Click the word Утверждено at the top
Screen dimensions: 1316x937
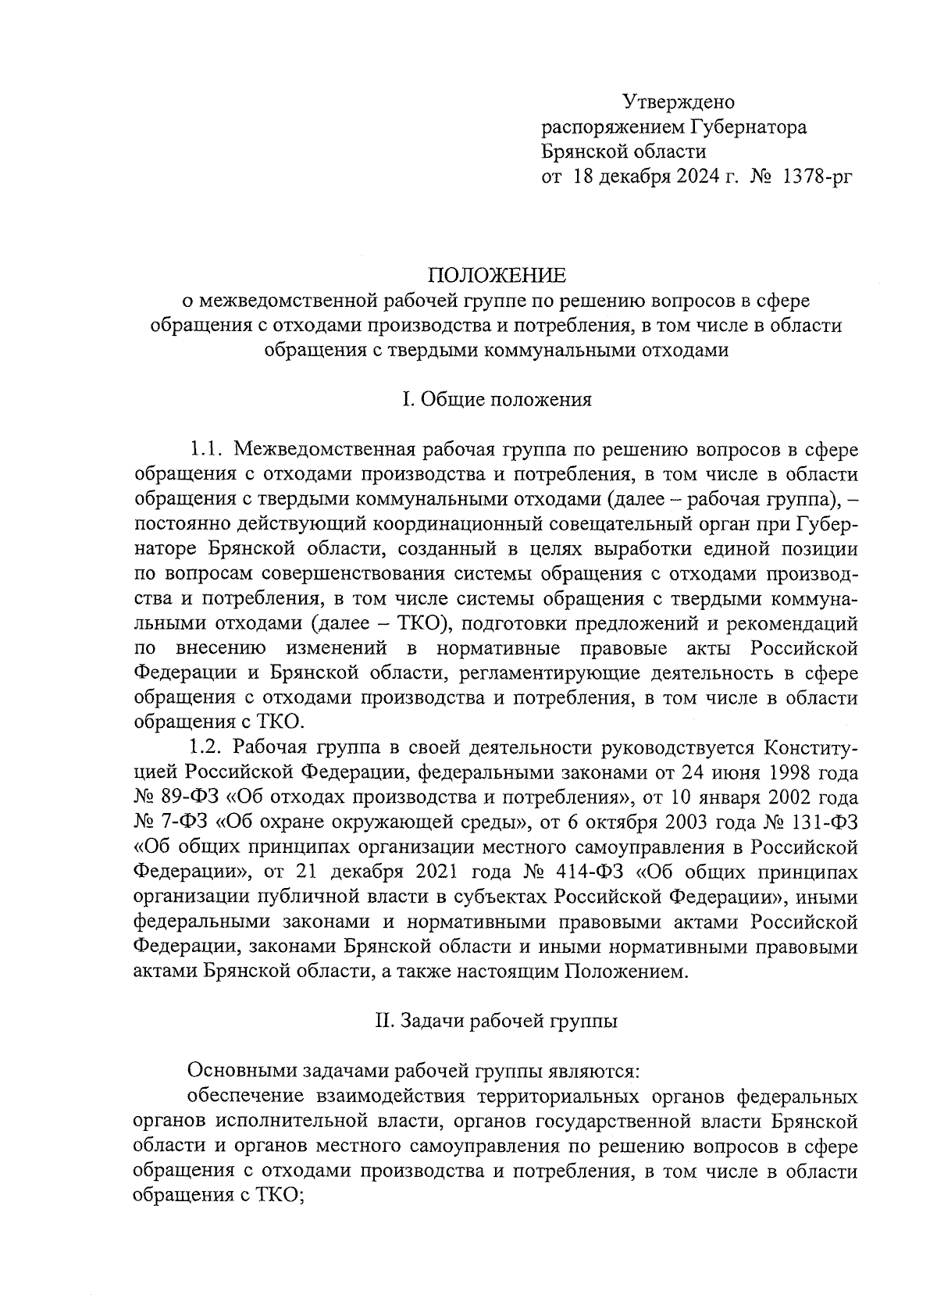[679, 102]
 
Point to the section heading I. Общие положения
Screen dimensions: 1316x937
[496, 400]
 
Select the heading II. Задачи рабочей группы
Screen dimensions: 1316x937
[496, 1021]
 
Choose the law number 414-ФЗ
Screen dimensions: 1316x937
[572, 872]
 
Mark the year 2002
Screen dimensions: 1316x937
[792, 799]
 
